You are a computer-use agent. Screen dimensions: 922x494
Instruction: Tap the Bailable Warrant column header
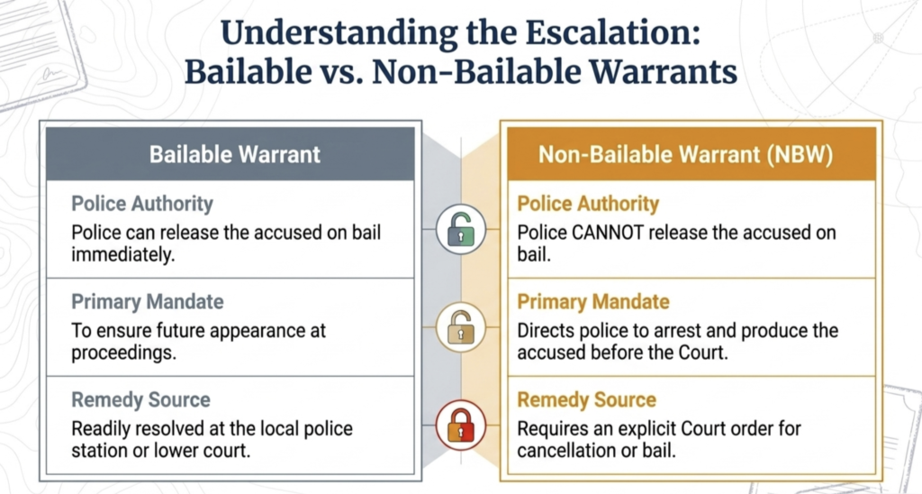tap(235, 154)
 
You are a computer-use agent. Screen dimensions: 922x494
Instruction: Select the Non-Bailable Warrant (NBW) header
tap(685, 154)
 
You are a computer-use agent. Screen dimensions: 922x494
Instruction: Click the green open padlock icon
tap(461, 229)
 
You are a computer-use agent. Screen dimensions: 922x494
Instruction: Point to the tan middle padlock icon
tap(461, 327)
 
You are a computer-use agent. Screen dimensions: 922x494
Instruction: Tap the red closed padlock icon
tap(461, 425)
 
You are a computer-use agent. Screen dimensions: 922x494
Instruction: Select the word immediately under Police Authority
tap(122, 255)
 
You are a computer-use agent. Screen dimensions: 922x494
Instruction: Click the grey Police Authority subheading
tap(142, 204)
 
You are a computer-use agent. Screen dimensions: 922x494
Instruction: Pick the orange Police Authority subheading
tap(588, 204)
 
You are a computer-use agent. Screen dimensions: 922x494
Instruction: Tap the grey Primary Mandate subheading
tap(148, 302)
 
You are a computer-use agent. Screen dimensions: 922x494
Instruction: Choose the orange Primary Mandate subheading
tap(593, 302)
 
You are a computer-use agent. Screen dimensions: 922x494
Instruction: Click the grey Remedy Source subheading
tap(141, 399)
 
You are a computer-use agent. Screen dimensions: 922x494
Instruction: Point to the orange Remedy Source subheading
tap(587, 399)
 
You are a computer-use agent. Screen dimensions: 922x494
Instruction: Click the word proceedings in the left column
tap(123, 353)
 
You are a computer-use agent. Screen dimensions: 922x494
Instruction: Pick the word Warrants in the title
tap(664, 72)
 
